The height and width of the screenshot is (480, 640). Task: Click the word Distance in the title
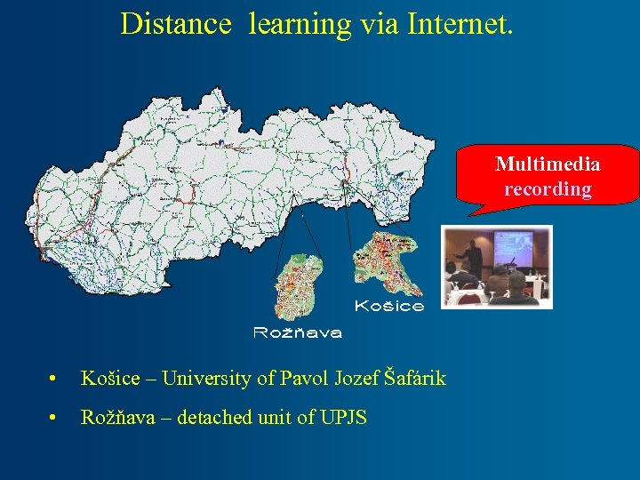(x=175, y=24)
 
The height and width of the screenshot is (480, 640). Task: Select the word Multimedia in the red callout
(x=548, y=164)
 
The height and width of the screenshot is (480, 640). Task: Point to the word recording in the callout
(x=548, y=189)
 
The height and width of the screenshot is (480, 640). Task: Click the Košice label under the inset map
(x=389, y=307)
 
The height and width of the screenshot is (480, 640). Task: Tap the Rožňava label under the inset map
(x=298, y=333)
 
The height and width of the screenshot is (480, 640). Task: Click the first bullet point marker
(x=56, y=380)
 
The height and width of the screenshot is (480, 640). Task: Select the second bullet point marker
(x=56, y=417)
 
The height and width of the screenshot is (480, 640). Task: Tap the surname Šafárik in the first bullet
(x=415, y=379)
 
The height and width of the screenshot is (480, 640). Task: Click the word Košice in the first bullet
(x=110, y=379)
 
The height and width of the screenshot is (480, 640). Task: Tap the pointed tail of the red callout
(x=471, y=212)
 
